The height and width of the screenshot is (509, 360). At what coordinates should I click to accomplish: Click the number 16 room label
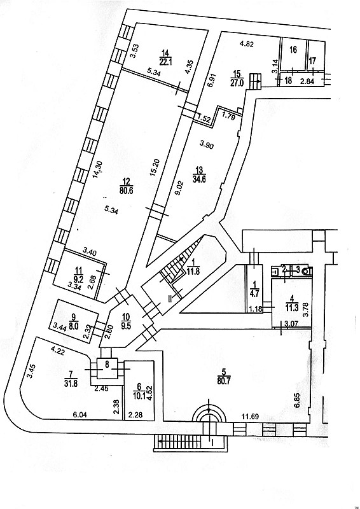(293, 50)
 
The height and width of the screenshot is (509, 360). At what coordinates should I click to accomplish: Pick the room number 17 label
(312, 60)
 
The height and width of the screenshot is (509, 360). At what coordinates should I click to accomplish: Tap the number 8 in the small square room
(106, 365)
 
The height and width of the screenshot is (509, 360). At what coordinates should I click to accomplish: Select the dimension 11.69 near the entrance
(250, 417)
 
